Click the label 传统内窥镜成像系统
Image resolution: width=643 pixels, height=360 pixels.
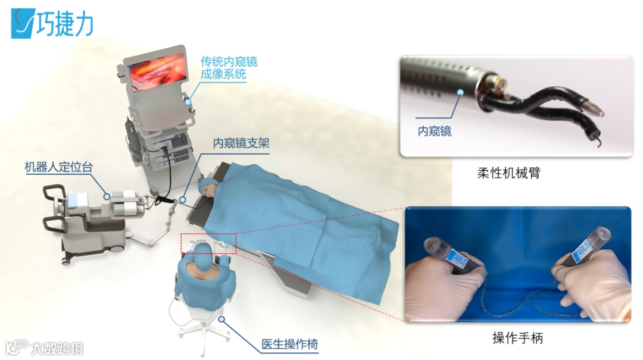pyautogui.click(x=229, y=68)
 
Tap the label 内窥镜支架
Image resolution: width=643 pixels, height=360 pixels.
pyautogui.click(x=241, y=143)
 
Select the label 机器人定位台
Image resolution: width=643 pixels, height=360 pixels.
pyautogui.click(x=58, y=167)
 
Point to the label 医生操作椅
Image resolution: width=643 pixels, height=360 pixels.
pyautogui.click(x=290, y=344)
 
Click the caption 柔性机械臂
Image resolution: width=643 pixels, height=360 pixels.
pyautogui.click(x=508, y=173)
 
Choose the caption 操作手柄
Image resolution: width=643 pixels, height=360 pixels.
pyautogui.click(x=517, y=338)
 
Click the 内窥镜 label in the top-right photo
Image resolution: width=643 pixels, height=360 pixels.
pyautogui.click(x=434, y=132)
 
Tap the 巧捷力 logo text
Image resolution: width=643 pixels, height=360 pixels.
pyautogui.click(x=64, y=24)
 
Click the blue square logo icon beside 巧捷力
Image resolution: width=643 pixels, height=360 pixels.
pyautogui.click(x=23, y=24)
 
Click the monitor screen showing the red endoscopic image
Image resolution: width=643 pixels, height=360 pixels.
pyautogui.click(x=158, y=71)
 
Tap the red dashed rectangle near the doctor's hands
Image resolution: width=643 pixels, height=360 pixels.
pyautogui.click(x=209, y=243)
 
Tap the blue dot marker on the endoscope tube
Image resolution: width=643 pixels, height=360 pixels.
pyautogui.click(x=460, y=93)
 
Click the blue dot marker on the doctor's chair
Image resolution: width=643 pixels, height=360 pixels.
pyautogui.click(x=221, y=318)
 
